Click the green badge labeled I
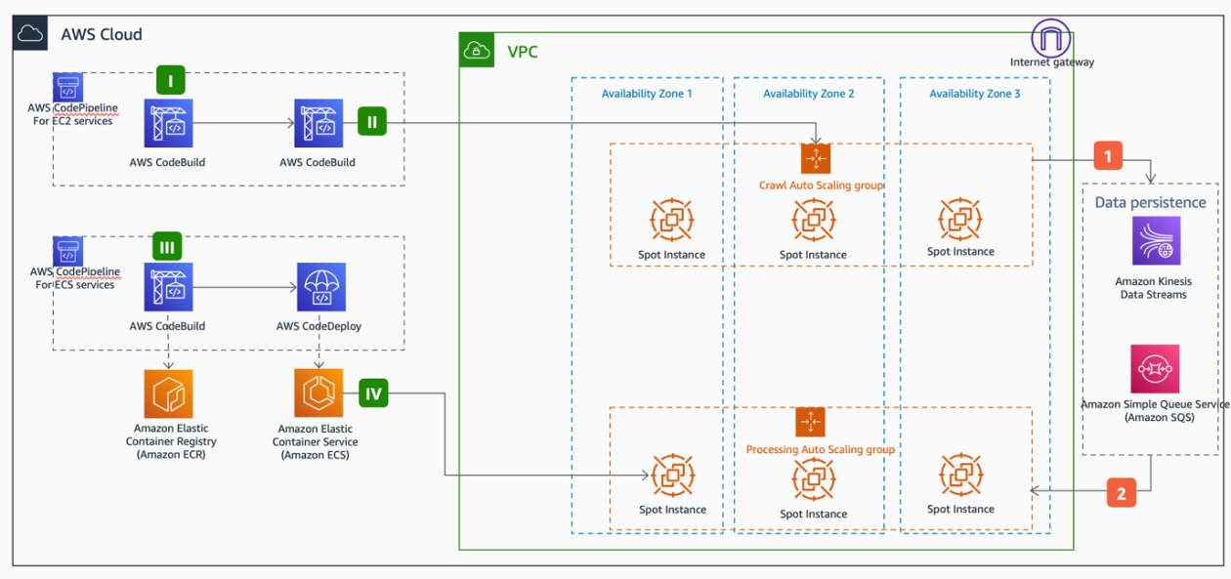(x=171, y=81)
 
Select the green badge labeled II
(x=373, y=121)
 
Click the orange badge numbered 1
(x=1107, y=155)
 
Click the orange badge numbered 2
(x=1121, y=493)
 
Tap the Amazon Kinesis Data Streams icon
(x=1156, y=241)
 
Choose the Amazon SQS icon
(x=1155, y=368)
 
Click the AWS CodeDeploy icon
(x=320, y=287)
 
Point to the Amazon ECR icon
(x=169, y=393)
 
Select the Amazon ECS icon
(x=318, y=393)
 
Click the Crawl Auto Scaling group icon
(x=815, y=158)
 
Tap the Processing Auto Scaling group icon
(x=810, y=422)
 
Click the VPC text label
(x=522, y=52)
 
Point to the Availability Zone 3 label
(x=974, y=94)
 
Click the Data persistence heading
(x=1150, y=202)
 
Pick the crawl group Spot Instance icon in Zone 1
(x=672, y=221)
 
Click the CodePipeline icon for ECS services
(x=68, y=251)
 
